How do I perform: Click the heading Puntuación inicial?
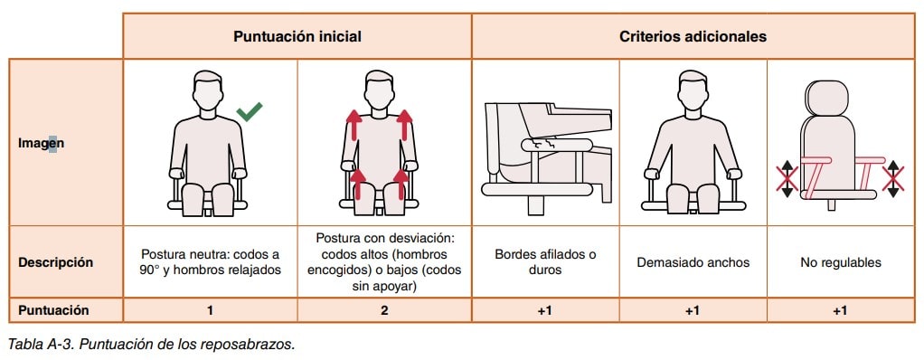[x=297, y=36]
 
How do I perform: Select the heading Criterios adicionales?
[x=693, y=36]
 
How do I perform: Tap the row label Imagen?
[x=41, y=143]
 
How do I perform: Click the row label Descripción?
[x=55, y=262]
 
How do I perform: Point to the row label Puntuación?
[x=53, y=310]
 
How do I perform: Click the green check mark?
[x=250, y=110]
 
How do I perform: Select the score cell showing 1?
[x=211, y=310]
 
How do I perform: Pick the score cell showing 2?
[x=384, y=310]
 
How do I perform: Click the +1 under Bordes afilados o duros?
[x=545, y=310]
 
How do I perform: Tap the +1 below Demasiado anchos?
[x=693, y=310]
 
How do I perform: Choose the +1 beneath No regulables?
[x=840, y=310]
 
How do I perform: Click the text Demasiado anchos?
[x=693, y=262]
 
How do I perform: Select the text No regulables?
[x=840, y=262]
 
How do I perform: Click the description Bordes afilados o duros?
[x=545, y=262]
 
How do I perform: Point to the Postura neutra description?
[x=211, y=262]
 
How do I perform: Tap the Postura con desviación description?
[x=385, y=261]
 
